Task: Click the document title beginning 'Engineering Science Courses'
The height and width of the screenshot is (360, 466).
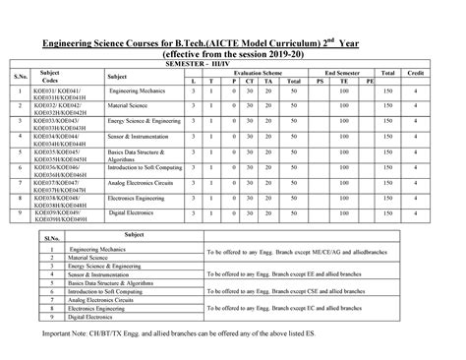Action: (x=232, y=44)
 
